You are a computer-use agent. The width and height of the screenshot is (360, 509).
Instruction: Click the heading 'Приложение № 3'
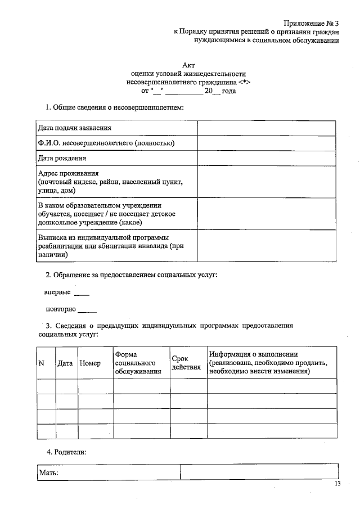(x=312, y=23)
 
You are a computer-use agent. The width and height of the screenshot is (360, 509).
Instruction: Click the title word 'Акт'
(x=188, y=65)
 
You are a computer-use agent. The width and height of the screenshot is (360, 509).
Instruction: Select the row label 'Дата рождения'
(x=62, y=158)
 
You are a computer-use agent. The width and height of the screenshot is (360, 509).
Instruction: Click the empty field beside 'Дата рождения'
(x=267, y=158)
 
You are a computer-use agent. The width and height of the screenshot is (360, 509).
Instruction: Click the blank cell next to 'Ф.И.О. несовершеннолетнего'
(x=267, y=143)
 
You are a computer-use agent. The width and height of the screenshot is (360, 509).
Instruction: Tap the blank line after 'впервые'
(x=82, y=294)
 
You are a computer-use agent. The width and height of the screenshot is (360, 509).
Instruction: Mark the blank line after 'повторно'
(x=87, y=310)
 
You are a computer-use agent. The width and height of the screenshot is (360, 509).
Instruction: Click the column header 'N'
(x=40, y=363)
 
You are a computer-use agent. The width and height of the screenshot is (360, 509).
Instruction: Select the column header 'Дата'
(x=65, y=363)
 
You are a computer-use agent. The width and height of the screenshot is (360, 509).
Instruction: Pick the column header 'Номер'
(x=90, y=363)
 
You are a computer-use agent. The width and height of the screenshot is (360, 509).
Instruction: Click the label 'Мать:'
(x=48, y=473)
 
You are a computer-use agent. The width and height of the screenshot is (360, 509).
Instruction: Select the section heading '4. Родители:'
(x=66, y=452)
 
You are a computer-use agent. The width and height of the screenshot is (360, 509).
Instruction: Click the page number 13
(x=337, y=484)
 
